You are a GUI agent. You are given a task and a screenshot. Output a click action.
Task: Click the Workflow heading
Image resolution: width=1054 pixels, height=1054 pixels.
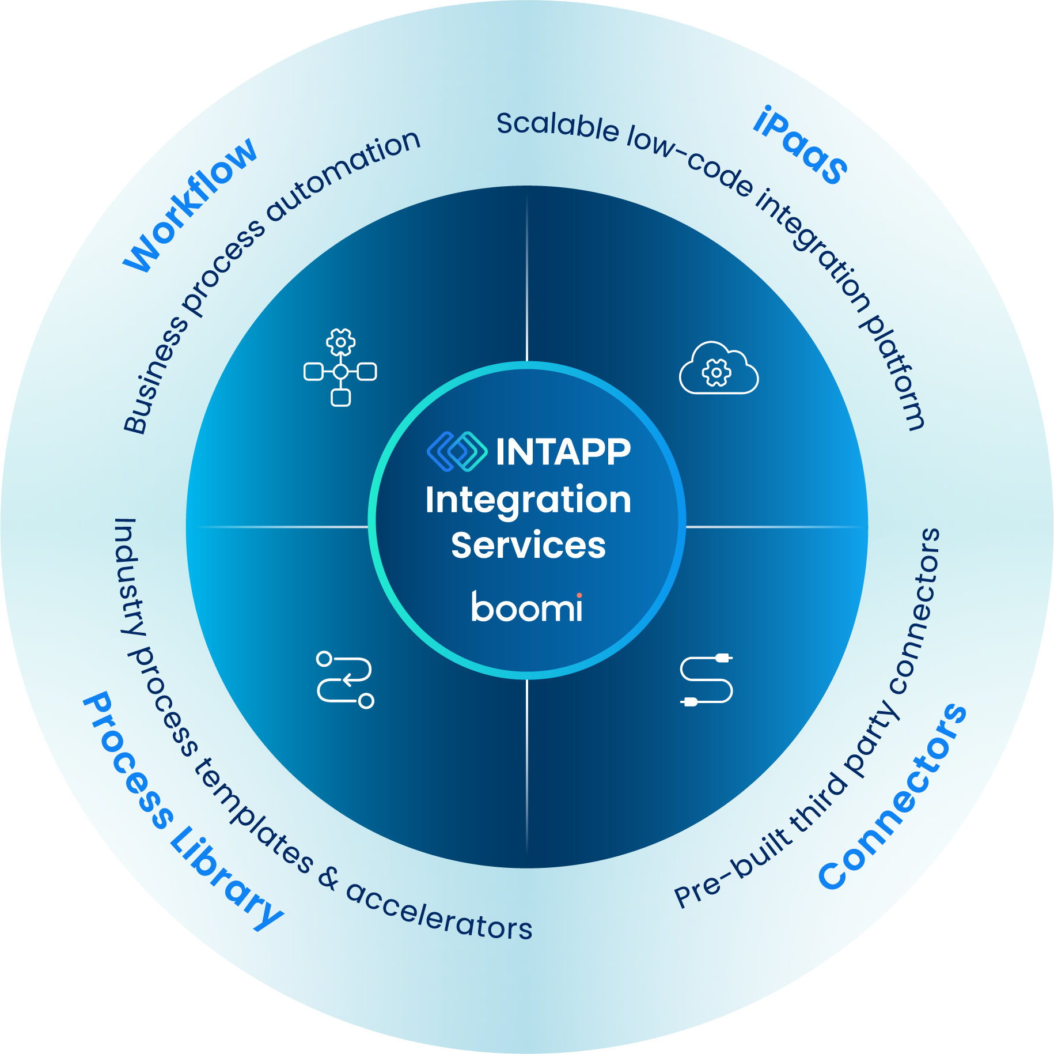point(190,205)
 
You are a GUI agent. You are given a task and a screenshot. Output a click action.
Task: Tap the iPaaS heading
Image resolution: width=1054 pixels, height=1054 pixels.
point(801,145)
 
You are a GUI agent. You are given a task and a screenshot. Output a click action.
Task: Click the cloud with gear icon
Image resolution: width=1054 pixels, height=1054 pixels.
point(718,369)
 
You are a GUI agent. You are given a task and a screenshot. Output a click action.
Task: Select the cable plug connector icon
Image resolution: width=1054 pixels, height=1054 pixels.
point(707,680)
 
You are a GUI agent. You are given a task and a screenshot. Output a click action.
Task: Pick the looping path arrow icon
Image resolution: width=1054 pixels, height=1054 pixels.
point(345,680)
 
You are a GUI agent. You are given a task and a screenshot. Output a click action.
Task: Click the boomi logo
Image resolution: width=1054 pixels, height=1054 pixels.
point(527,607)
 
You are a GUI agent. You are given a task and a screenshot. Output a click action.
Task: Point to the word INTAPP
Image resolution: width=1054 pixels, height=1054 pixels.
point(563,452)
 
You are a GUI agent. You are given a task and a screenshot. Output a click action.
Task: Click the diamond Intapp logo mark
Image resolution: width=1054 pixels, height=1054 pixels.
point(457,451)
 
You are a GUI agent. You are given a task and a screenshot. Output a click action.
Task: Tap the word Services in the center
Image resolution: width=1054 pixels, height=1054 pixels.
point(528,545)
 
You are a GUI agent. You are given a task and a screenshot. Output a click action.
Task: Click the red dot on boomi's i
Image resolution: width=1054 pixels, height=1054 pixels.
point(579,595)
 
